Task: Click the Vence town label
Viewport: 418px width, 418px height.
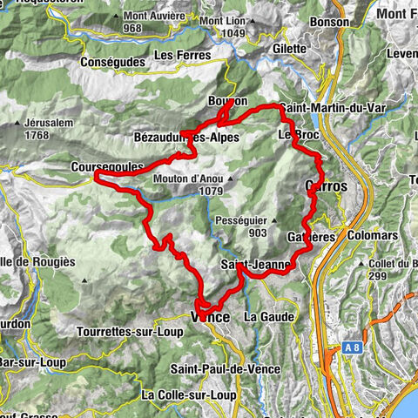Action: point(212,318)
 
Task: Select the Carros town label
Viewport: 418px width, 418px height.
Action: point(327,185)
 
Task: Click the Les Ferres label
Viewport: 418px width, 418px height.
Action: point(182,55)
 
